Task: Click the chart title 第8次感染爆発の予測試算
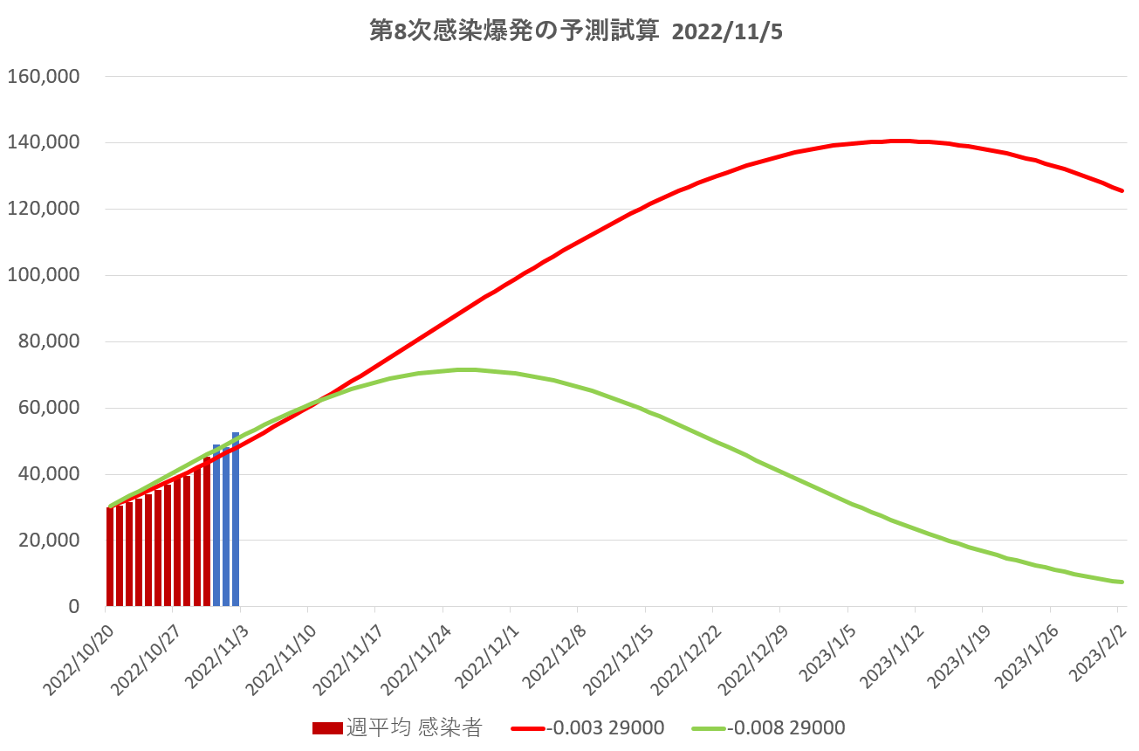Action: (x=510, y=31)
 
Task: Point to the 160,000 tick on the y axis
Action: (x=44, y=77)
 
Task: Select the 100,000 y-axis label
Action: (x=44, y=275)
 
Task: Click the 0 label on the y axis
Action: (x=73, y=607)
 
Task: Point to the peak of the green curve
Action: (x=468, y=369)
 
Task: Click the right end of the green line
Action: (x=1122, y=582)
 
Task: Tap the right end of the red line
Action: (x=1122, y=190)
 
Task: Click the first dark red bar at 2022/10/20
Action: (x=110, y=557)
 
